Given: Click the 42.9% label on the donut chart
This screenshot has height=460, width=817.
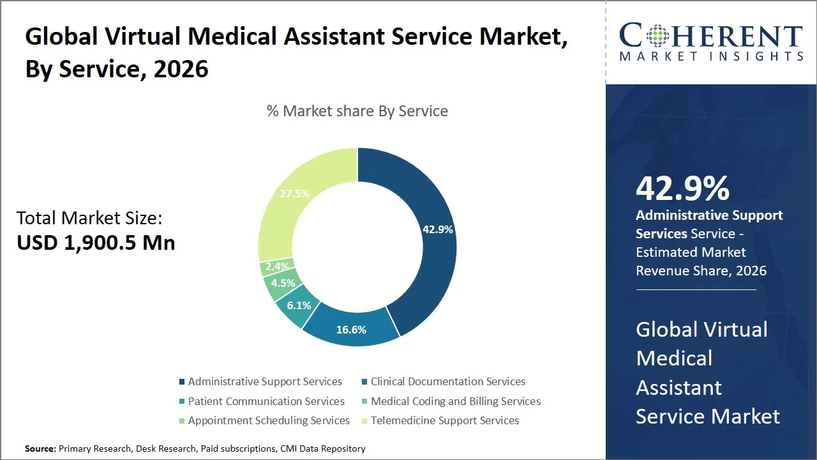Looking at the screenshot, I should (437, 229).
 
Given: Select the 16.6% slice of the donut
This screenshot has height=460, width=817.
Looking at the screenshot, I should (351, 330).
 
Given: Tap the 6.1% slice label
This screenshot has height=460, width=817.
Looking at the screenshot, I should (299, 305).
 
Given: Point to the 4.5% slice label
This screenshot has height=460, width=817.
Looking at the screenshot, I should (283, 283).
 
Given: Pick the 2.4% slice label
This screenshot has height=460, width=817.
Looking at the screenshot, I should (278, 266).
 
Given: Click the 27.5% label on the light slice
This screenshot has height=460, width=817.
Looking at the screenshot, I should (294, 193).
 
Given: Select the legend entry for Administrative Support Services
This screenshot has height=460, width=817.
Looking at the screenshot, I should (264, 381).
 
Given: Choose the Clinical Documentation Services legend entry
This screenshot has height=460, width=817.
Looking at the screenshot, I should (447, 381).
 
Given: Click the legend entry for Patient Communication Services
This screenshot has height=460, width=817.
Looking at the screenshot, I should (266, 401).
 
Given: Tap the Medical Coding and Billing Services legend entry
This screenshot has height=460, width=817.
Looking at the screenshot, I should (455, 401).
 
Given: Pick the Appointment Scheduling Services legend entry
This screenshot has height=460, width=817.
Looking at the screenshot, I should (268, 420).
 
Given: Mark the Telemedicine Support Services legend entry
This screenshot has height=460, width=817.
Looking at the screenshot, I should (444, 420).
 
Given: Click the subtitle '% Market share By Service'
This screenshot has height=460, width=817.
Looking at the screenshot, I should (357, 111).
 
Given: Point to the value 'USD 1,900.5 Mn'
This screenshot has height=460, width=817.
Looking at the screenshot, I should (96, 242).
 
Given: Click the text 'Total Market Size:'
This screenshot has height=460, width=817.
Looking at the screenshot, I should (89, 218).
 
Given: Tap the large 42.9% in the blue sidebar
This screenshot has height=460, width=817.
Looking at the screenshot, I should (682, 189).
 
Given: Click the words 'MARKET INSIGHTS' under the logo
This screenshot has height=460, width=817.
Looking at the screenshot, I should (711, 56).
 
